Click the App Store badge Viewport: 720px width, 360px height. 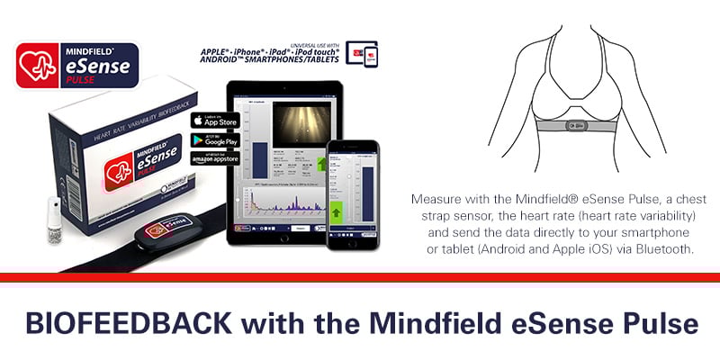[213, 121]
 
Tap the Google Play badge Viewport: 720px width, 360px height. [213, 139]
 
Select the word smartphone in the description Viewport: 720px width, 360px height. [666, 232]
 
